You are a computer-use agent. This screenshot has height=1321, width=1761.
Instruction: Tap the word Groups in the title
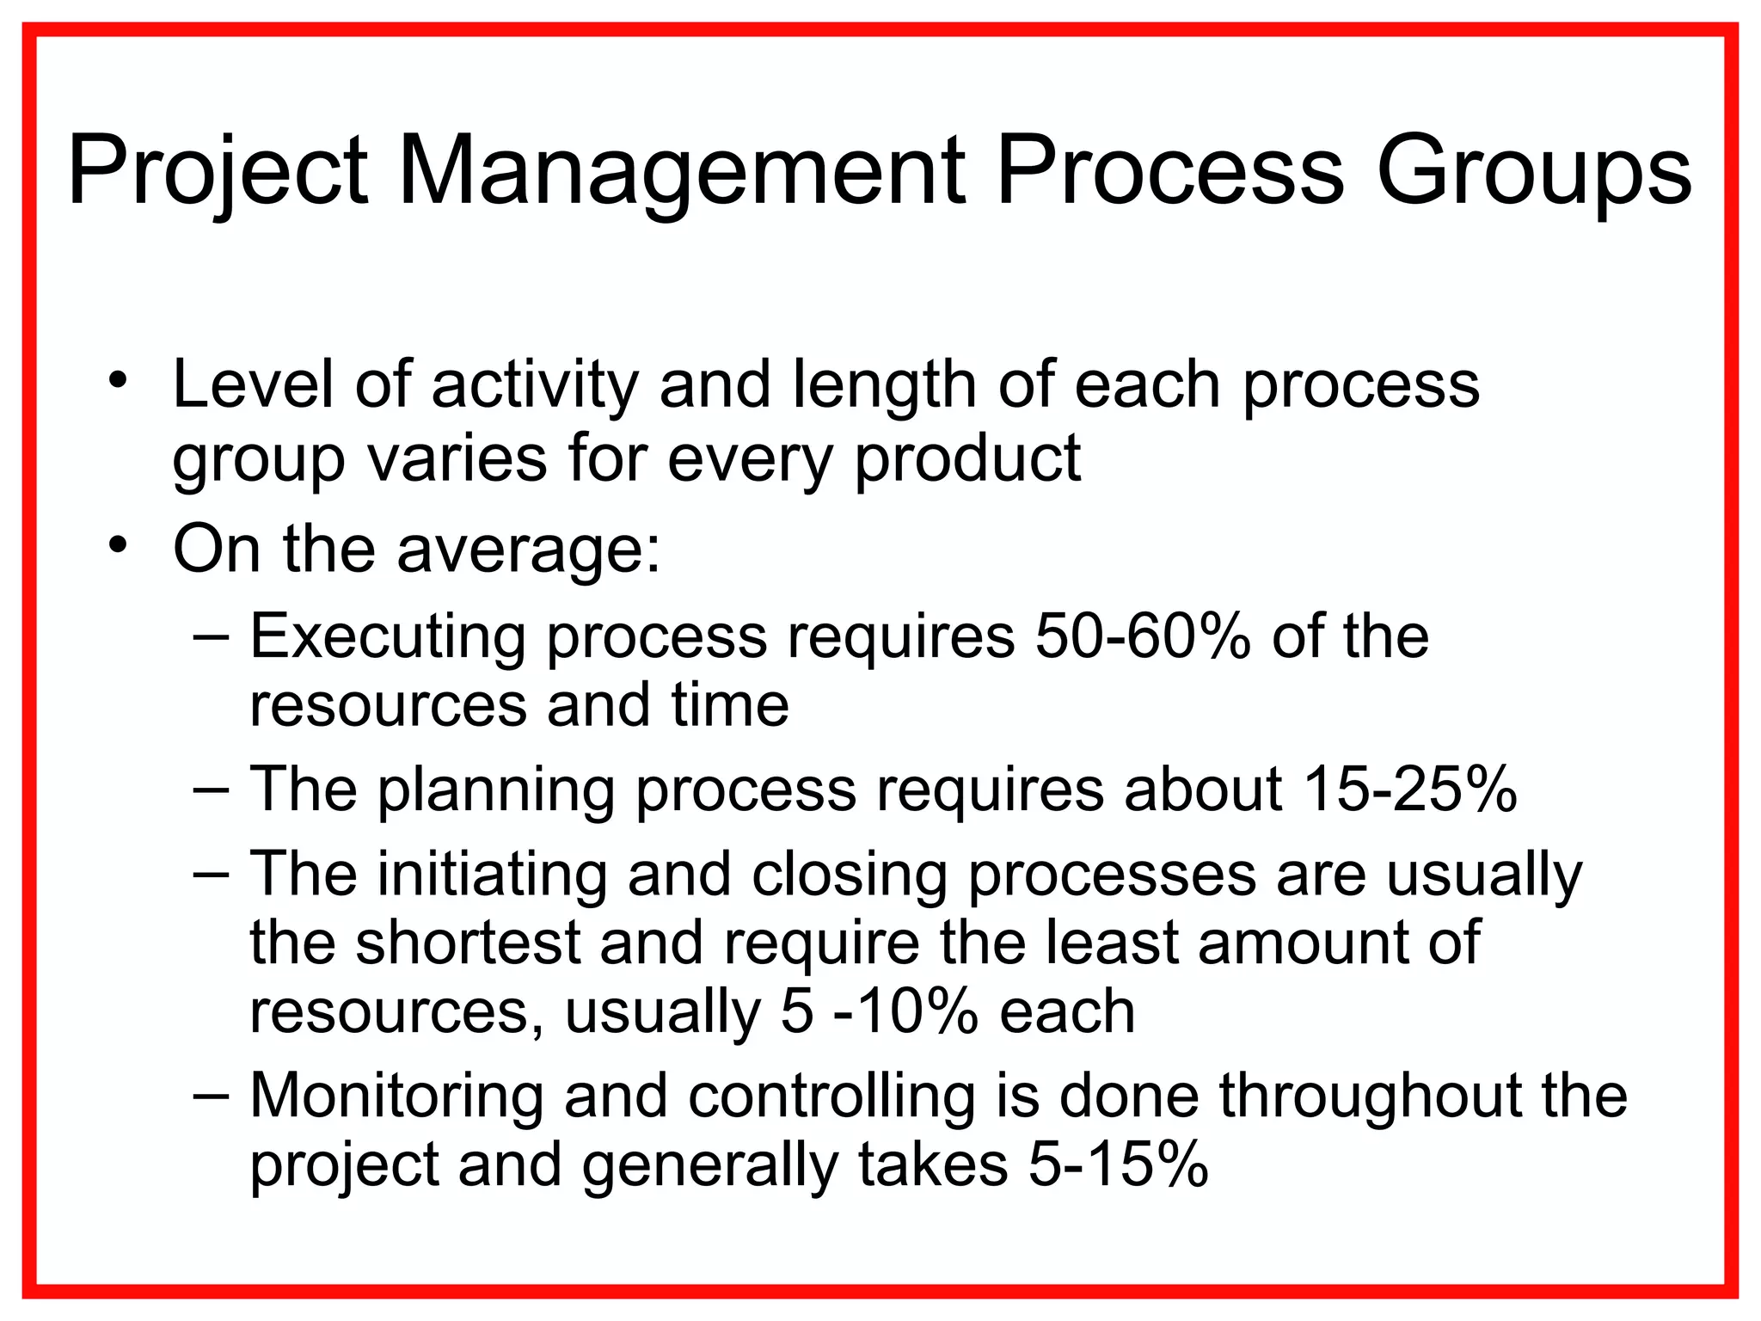click(1533, 170)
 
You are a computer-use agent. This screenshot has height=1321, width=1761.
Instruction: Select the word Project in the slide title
click(218, 170)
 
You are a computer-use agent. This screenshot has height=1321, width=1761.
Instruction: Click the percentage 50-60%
click(1143, 637)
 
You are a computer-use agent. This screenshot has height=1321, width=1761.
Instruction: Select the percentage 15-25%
click(1409, 789)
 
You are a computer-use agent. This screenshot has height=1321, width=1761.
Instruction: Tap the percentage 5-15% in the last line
click(1119, 1165)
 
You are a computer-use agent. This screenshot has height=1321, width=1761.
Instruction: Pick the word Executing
click(387, 637)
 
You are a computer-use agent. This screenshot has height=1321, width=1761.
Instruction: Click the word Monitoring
click(396, 1097)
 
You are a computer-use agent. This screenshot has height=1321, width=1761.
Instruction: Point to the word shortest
click(469, 942)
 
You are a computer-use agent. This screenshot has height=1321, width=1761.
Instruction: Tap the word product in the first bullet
click(967, 458)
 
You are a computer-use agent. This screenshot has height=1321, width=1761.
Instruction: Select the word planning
click(495, 790)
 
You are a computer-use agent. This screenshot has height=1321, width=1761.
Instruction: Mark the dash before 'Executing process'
click(212, 637)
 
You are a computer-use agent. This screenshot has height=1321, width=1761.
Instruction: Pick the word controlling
click(831, 1097)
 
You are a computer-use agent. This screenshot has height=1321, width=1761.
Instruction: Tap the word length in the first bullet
click(884, 384)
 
